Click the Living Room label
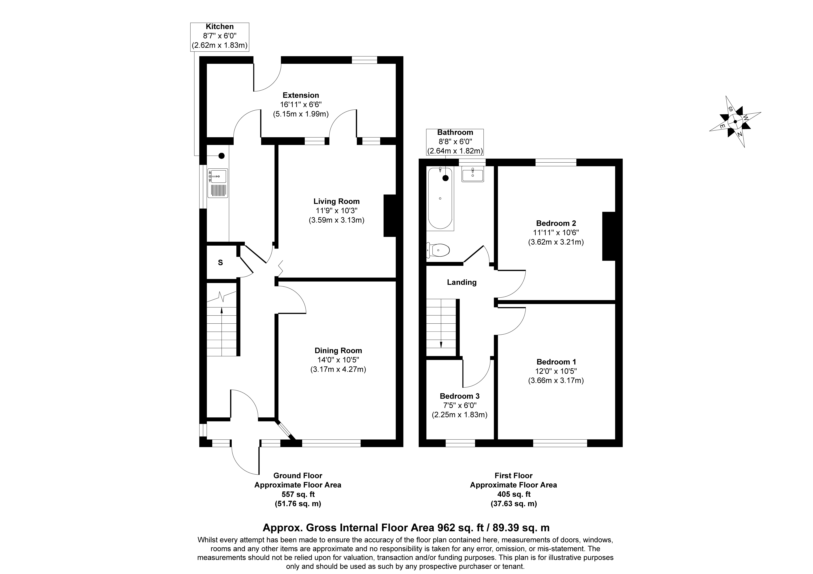336,201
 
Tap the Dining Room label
338,351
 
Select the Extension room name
301,95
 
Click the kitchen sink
218,182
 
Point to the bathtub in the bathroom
440,198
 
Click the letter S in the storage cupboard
220,263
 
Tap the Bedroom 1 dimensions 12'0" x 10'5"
556,371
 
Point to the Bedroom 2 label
556,223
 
